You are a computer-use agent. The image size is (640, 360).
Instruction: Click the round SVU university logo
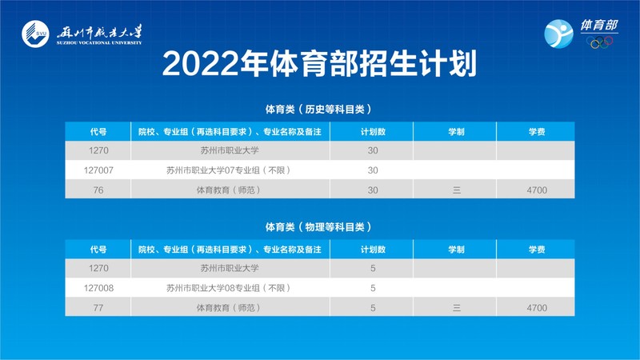35,34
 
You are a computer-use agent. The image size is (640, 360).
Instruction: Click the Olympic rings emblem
599,42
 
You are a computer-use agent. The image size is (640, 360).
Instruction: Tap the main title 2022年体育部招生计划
319,64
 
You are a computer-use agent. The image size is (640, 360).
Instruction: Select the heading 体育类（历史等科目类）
318,109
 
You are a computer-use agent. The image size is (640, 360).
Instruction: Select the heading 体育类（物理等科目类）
318,226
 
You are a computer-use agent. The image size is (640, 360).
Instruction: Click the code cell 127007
98,170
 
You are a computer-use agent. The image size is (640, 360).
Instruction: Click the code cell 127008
98,288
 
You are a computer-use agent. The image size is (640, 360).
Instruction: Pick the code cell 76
98,190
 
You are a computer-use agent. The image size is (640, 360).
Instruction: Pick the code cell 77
98,308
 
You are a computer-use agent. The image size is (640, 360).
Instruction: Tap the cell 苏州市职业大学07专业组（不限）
229,170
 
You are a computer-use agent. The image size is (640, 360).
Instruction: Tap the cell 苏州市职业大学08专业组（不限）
229,288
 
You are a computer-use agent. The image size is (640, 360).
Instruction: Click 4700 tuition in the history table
537,190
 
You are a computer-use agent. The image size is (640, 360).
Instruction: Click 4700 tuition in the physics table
537,308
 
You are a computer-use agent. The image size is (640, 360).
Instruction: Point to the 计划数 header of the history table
373,131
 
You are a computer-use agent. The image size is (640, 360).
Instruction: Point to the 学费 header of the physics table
537,249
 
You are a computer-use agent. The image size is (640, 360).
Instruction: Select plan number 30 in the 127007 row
373,170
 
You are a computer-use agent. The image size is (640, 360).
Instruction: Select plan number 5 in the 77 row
373,308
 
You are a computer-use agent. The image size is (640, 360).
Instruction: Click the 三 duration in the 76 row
456,190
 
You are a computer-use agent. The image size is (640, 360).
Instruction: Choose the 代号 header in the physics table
98,249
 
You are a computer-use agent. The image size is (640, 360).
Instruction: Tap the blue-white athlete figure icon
558,34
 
